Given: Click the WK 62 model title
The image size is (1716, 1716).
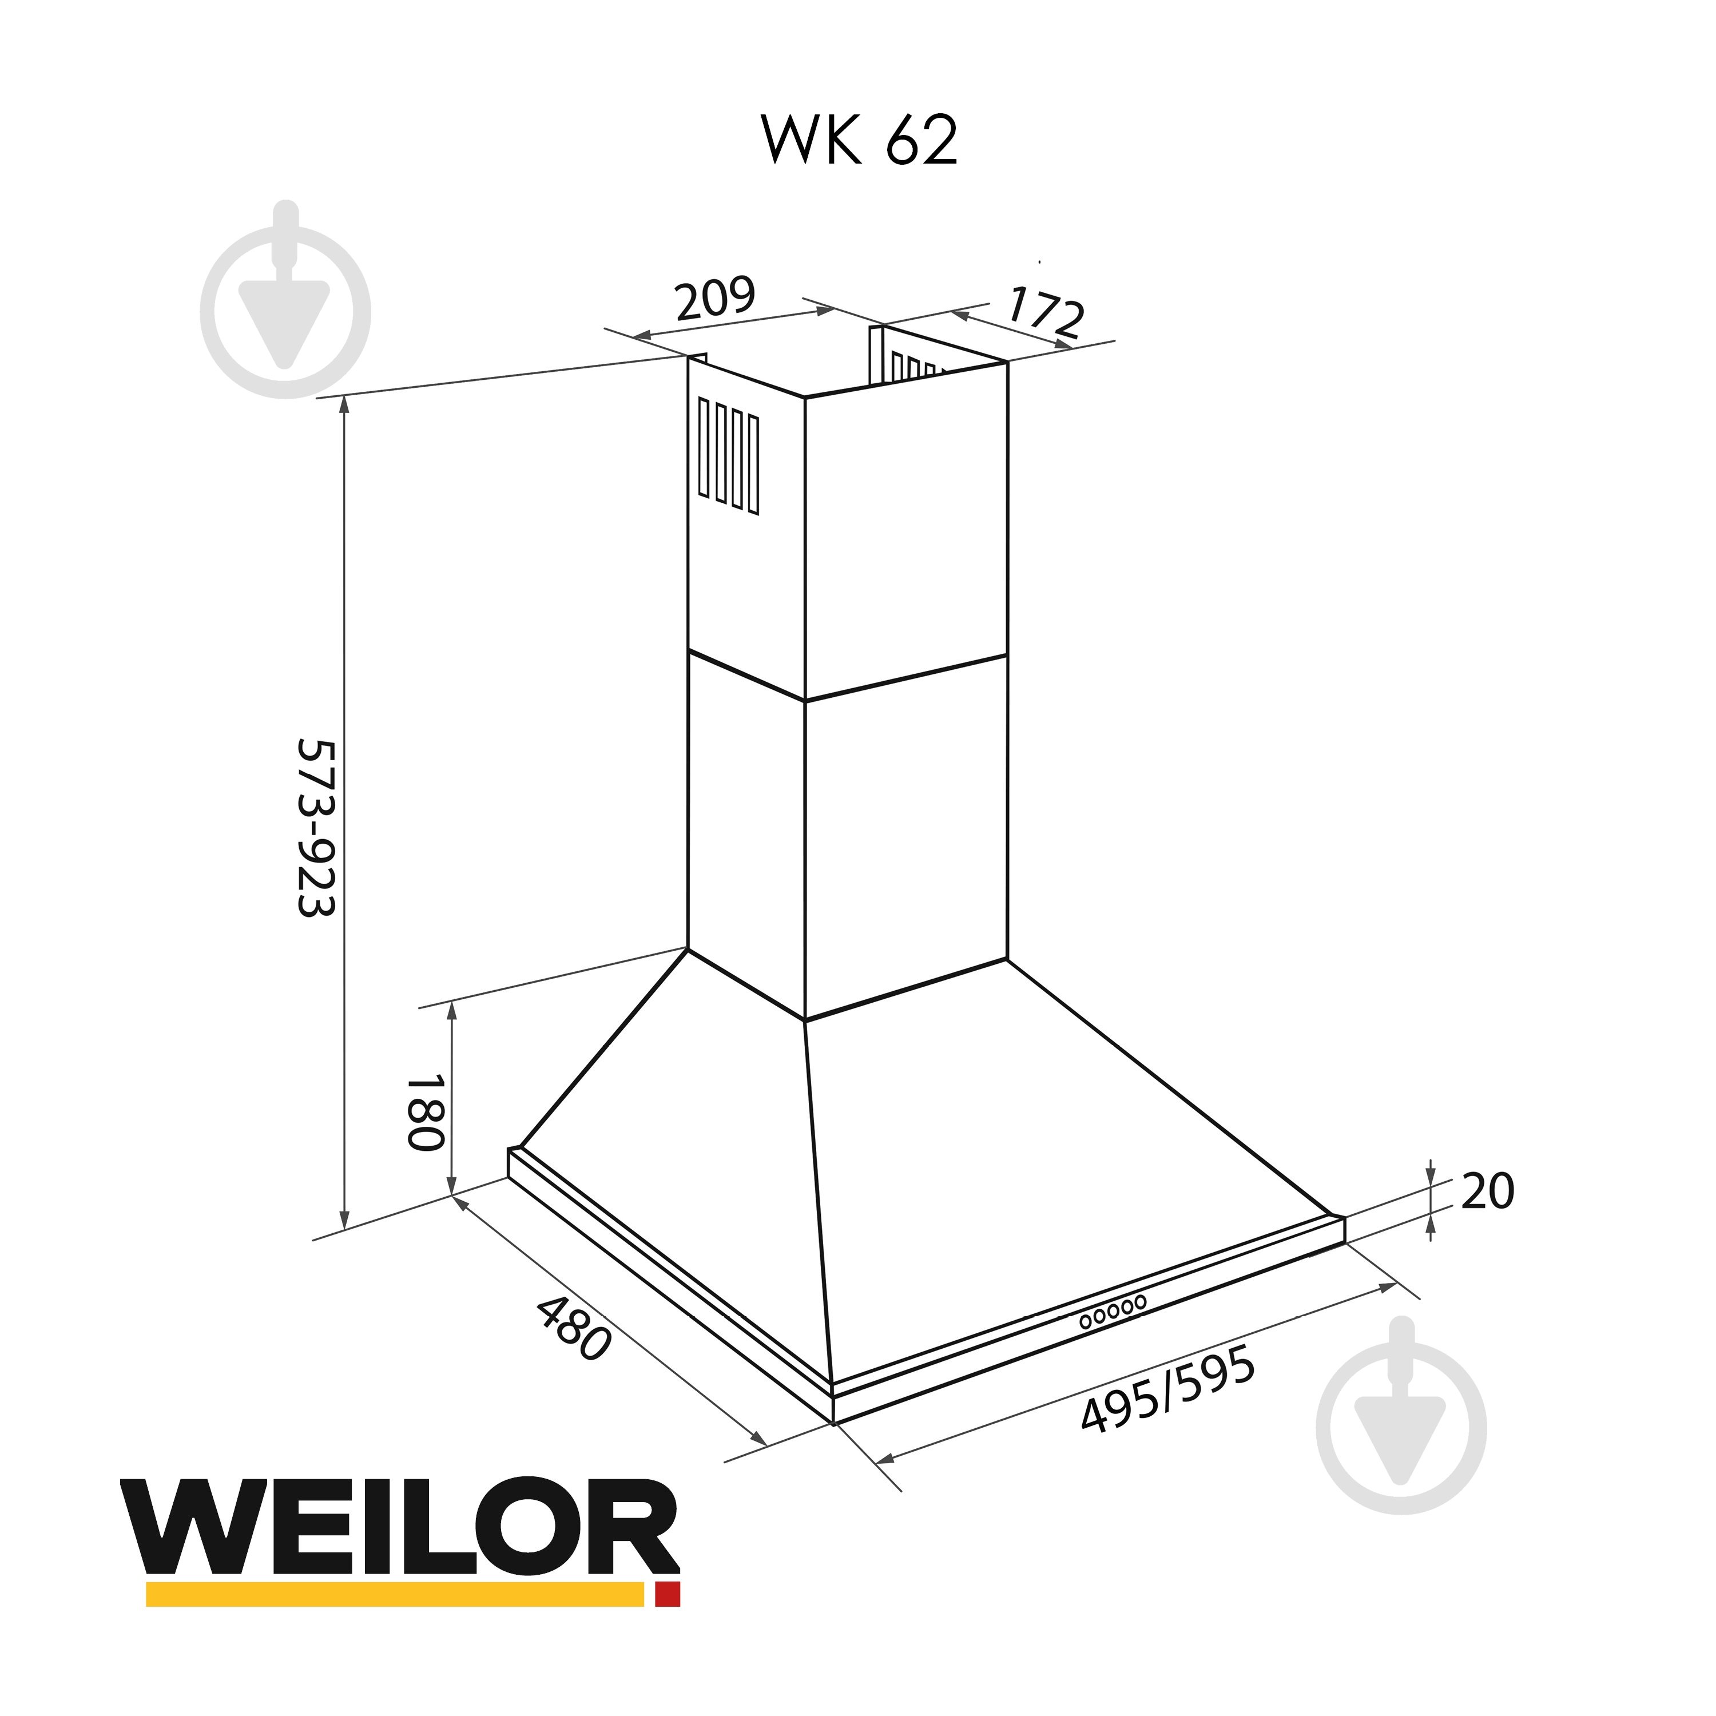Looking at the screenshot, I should click(859, 140).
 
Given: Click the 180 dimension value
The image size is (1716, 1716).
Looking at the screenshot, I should click(424, 1113).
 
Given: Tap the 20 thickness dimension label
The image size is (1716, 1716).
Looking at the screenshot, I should click(1487, 1192).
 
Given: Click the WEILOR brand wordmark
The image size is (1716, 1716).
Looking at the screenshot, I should click(400, 1526).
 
